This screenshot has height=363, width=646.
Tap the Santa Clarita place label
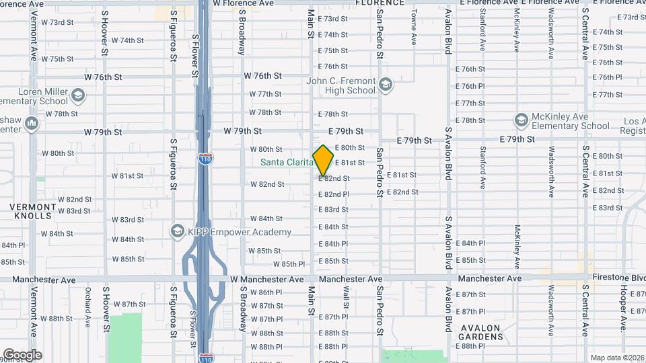pyautogui.click(x=287, y=162)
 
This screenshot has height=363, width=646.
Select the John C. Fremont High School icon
pyautogui.click(x=386, y=85)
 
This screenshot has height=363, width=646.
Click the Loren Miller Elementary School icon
pyautogui.click(x=78, y=95)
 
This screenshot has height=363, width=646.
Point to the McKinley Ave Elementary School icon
pyautogui.click(x=521, y=120)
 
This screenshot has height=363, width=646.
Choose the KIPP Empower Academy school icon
pyautogui.click(x=178, y=232)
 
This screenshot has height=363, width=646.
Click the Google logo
pyautogui.click(x=22, y=354)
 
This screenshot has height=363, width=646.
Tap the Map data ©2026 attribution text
pyautogui.click(x=616, y=358)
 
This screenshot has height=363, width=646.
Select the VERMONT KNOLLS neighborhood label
pyautogui.click(x=32, y=211)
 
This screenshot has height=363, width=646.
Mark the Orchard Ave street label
pyautogui.click(x=87, y=308)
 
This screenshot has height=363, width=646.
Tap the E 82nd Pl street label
pyautogui.click(x=334, y=194)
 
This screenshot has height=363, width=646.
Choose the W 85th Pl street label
pyautogui.click(x=289, y=264)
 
